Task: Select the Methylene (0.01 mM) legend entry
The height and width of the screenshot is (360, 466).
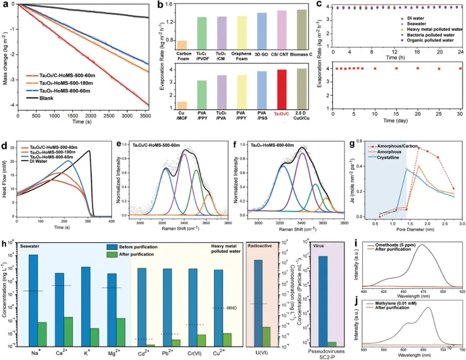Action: click(x=397, y=294)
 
